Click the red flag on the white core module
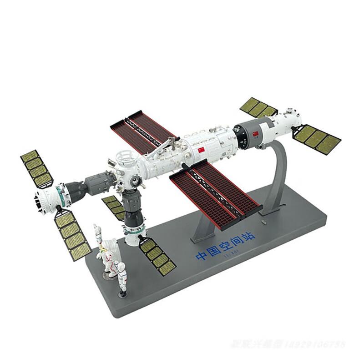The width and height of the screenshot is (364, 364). (x=200, y=150)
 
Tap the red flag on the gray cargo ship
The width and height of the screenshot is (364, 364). (x=255, y=133)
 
